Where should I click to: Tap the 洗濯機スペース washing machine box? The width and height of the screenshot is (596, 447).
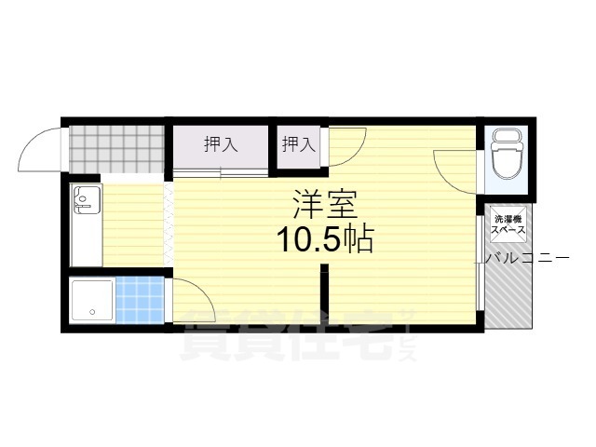click(510, 223)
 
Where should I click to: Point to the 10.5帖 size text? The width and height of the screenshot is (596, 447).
click(323, 241)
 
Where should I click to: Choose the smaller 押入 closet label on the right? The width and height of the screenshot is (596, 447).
click(298, 144)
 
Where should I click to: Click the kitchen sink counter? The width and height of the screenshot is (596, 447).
click(87, 224)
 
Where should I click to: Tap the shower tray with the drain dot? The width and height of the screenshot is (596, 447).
click(92, 299)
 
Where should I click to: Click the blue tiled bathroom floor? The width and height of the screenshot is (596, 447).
click(139, 299)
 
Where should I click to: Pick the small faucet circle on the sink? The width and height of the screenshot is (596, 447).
click(83, 197)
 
